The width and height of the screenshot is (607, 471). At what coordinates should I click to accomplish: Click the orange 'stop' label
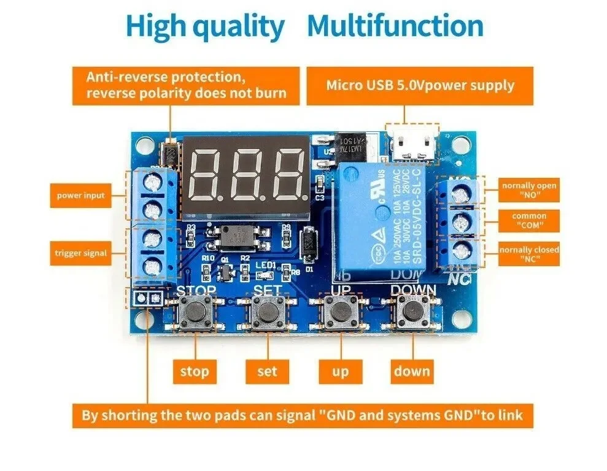pyautogui.click(x=194, y=371)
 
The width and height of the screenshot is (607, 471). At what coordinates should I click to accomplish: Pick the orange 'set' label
pyautogui.click(x=267, y=371)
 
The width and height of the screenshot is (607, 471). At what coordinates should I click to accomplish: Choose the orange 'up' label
pyautogui.click(x=339, y=371)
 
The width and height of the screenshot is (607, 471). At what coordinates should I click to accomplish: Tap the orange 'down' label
pyautogui.click(x=412, y=371)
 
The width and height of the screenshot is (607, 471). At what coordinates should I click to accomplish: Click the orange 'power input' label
pyautogui.click(x=81, y=196)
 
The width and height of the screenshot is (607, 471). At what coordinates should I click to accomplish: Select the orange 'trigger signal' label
pyautogui.click(x=81, y=253)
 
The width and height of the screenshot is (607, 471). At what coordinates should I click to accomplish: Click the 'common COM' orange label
pyautogui.click(x=528, y=221)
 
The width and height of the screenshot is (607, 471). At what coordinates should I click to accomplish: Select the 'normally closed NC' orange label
pyautogui.click(x=528, y=255)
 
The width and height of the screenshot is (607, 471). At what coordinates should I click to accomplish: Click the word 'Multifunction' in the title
pyautogui.click(x=395, y=26)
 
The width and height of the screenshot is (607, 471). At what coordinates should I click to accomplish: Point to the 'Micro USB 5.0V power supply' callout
pyautogui.click(x=420, y=85)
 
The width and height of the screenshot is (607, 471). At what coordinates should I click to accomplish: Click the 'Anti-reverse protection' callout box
pyautogui.click(x=187, y=85)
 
